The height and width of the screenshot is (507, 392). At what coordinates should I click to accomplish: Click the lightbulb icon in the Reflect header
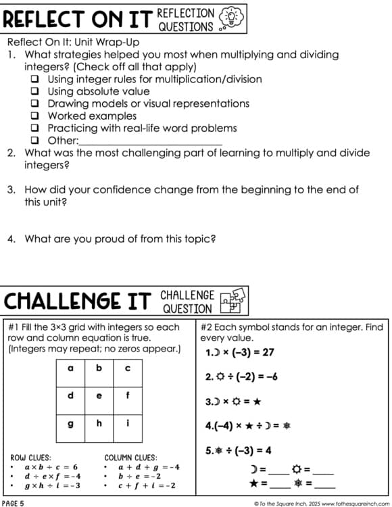click(x=230, y=19)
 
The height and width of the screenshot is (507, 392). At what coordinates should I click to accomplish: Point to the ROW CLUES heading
click(x=30, y=458)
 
